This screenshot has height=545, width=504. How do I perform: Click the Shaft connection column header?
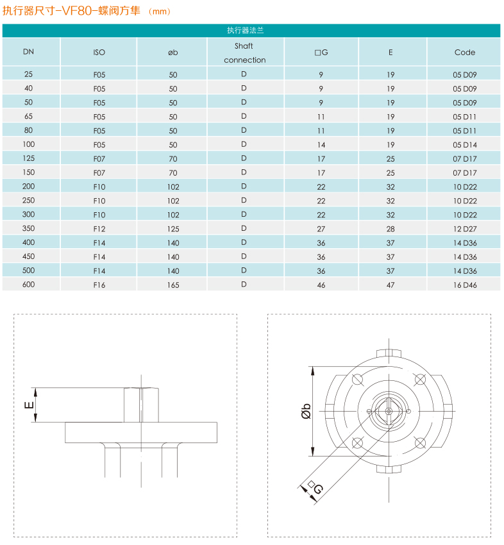[x=244, y=53]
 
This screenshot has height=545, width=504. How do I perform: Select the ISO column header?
[x=99, y=53]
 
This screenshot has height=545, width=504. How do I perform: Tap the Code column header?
[x=465, y=53]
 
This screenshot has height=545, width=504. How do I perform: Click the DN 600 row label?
[x=28, y=285]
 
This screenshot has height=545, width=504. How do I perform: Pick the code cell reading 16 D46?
[x=465, y=285]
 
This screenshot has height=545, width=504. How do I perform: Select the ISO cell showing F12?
[x=99, y=228]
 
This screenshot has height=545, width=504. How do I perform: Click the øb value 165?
[x=173, y=285]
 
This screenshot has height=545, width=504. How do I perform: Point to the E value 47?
[x=391, y=285]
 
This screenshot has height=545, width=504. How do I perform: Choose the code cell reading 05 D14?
[x=465, y=145]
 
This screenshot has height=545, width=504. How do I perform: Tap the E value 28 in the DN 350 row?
[x=391, y=228]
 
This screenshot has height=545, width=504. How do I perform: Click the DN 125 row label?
[x=28, y=158]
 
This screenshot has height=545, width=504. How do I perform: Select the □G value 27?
[x=321, y=228]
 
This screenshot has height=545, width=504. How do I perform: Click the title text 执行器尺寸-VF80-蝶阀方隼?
[x=71, y=10]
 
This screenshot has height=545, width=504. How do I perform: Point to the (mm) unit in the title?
[x=159, y=11]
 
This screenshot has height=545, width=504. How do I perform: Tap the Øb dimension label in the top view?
[x=306, y=411]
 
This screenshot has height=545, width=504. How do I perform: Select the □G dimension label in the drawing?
[x=314, y=488]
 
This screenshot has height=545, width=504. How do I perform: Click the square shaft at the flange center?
[x=389, y=410]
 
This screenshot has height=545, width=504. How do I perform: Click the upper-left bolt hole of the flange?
[x=357, y=378]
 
